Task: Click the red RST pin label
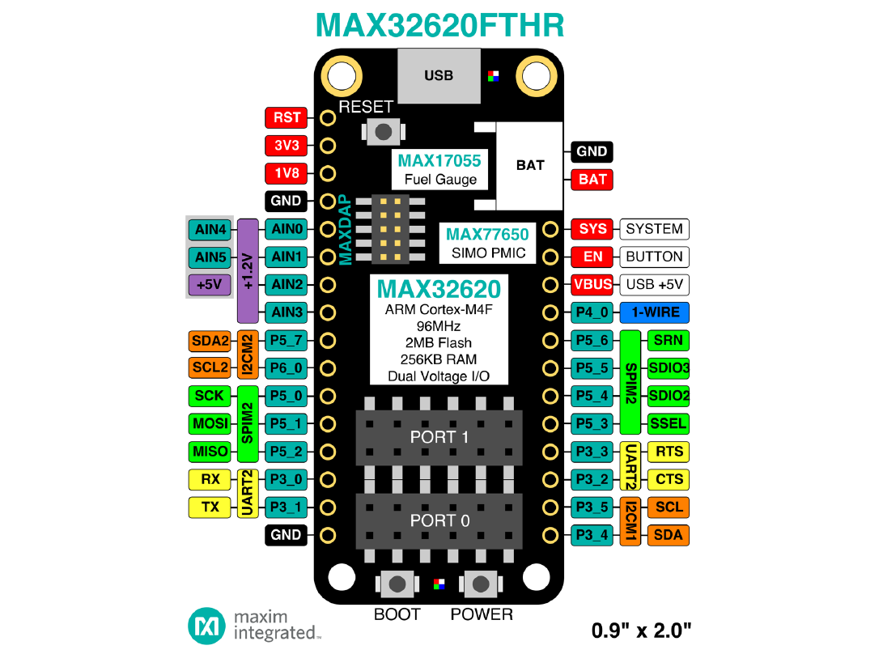pos(287,117)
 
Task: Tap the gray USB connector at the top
pos(439,75)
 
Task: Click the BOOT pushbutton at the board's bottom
pos(397,583)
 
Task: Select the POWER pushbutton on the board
pos(482,583)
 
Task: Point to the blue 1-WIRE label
pos(655,312)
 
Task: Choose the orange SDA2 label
pos(210,341)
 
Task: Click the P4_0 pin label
pos(592,312)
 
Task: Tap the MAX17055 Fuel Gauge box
pos(439,170)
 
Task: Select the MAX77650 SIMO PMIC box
pos(487,243)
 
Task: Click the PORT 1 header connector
pos(439,436)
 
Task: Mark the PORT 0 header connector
pos(439,520)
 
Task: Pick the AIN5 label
pos(210,257)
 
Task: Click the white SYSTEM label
pos(655,229)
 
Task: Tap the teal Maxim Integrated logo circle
pos(206,626)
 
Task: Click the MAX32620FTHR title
pos(439,25)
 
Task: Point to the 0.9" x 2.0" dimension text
pos(642,629)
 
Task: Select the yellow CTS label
pos(669,479)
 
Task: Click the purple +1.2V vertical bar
pos(248,270)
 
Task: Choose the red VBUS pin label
pos(592,285)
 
